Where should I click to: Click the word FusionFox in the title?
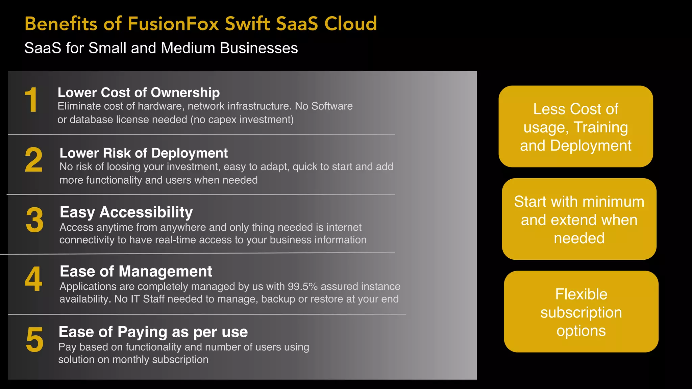tap(173, 24)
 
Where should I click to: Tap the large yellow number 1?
tap(31, 100)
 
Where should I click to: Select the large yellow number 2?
tap(34, 160)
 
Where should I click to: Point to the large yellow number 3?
tap(34, 220)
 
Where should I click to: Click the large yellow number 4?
tap(34, 279)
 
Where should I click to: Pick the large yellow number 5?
tap(34, 340)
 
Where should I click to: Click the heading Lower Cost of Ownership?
tap(139, 93)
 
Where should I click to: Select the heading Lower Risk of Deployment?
tap(144, 153)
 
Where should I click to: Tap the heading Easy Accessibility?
tap(126, 212)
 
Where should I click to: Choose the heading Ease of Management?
tap(136, 271)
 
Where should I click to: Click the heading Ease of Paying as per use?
tap(153, 332)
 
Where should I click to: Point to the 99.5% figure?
tap(302, 286)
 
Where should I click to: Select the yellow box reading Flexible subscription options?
tap(581, 312)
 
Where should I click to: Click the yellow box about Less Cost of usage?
tap(575, 127)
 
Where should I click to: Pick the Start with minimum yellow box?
tap(579, 219)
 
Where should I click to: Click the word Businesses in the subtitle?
tap(259, 48)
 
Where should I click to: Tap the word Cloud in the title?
tap(350, 24)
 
